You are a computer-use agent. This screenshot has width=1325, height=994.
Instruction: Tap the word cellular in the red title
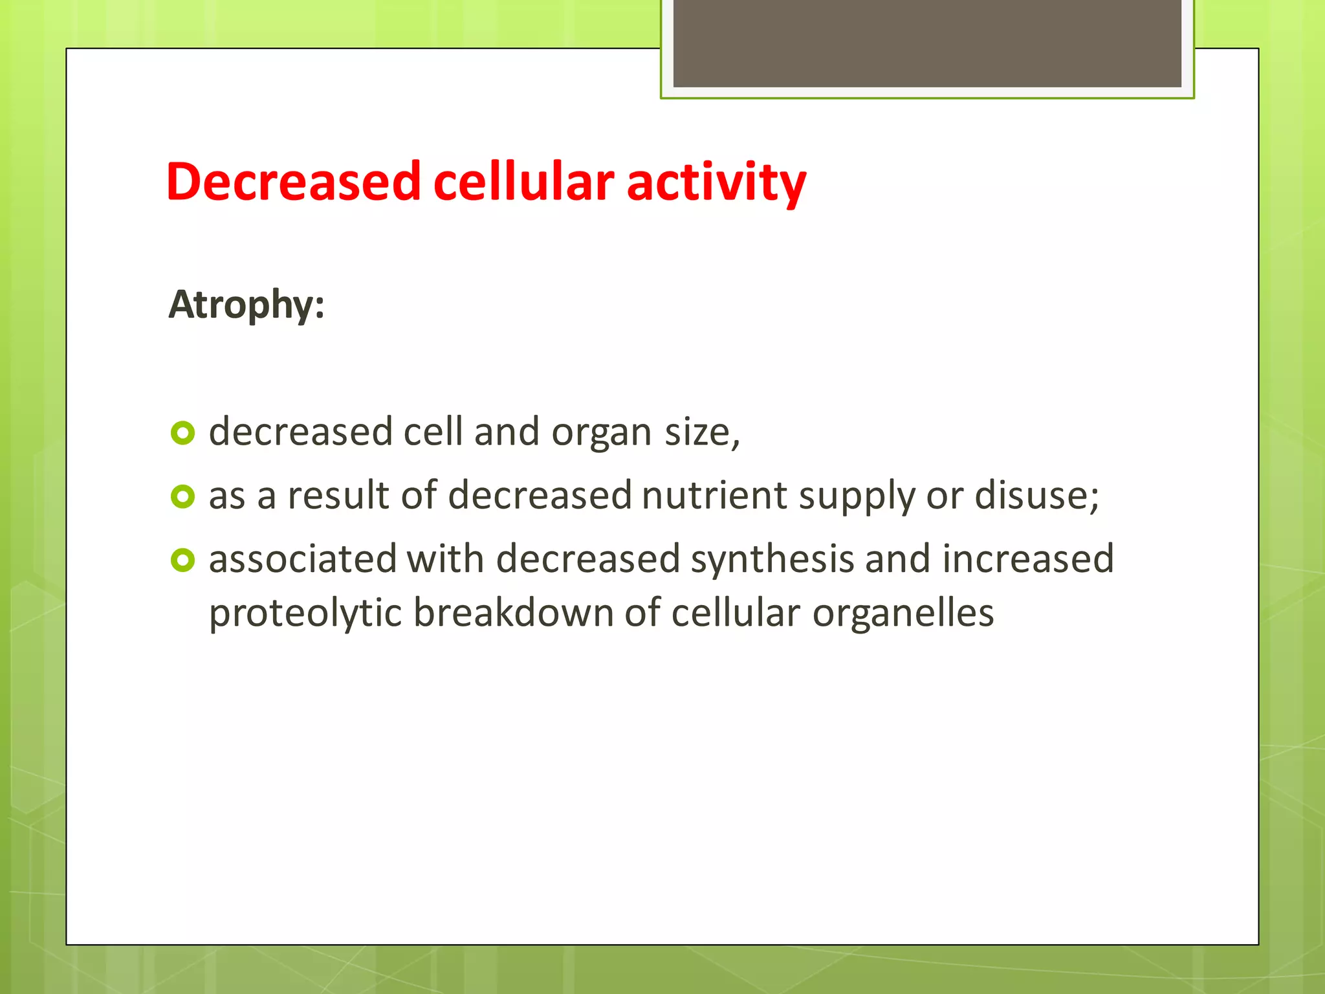(523, 182)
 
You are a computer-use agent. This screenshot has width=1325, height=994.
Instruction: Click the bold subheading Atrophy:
(246, 305)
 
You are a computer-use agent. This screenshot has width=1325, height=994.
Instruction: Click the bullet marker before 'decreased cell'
(182, 433)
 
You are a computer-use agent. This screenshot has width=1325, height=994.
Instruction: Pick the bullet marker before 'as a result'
(182, 496)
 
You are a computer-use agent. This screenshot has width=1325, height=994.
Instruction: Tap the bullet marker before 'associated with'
(182, 560)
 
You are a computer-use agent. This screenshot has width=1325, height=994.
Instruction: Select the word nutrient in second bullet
(714, 496)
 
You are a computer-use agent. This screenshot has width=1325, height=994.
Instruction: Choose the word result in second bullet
(338, 496)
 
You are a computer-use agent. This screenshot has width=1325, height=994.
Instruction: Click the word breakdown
(513, 613)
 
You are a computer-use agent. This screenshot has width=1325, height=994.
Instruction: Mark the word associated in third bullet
(302, 560)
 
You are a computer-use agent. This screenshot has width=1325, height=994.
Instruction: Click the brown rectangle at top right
(926, 43)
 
